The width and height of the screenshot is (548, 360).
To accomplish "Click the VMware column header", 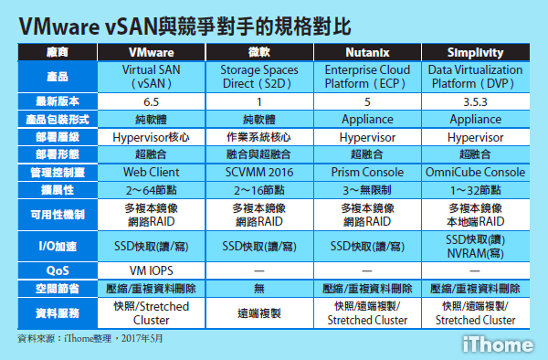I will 152,53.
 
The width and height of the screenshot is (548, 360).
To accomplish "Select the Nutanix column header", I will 367,53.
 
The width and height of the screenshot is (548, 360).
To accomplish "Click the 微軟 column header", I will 260,53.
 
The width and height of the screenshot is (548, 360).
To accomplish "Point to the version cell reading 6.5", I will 152,101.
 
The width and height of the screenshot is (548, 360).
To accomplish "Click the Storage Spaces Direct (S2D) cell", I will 260,76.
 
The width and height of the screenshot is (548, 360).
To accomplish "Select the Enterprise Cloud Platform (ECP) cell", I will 367,76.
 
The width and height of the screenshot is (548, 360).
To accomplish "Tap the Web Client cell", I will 152,171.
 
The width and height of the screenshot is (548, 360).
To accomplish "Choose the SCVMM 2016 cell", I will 260,171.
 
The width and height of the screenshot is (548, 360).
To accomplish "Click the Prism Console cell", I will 367,171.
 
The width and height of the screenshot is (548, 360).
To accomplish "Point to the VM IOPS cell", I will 152,270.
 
